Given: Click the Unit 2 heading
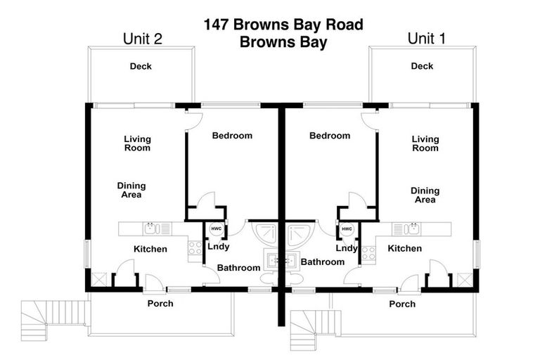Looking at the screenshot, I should point(143,39).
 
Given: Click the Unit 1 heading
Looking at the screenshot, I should point(426,39).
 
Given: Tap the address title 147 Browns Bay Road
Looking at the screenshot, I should point(283,25).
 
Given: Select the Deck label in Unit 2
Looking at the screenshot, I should point(141,67).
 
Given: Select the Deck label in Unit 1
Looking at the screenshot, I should point(422,67).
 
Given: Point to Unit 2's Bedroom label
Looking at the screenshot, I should point(232,136).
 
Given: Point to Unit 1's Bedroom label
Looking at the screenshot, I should point(330,136).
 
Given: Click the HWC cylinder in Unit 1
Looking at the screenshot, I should point(347,229).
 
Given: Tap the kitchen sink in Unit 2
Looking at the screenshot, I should point(152,229).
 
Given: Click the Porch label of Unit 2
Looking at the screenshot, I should point(160,304).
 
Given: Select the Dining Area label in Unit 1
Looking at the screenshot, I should point(425,195).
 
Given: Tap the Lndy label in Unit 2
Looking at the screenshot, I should point(219,247).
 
